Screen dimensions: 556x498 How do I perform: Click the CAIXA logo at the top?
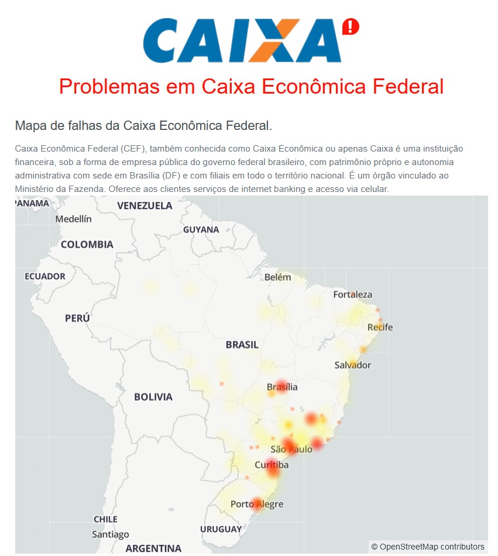(242, 40)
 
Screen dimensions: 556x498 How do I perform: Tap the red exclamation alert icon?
(350, 26)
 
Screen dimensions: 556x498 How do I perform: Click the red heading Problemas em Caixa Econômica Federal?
(251, 87)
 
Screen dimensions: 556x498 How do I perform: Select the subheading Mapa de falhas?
(143, 125)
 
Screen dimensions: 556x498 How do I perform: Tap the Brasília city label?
(282, 387)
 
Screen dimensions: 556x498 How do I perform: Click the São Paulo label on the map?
(291, 449)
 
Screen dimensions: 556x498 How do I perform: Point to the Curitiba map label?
(272, 465)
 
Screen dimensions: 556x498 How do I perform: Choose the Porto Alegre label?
(257, 504)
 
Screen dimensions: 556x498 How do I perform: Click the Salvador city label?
(352, 365)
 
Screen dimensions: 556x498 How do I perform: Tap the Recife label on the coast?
(380, 327)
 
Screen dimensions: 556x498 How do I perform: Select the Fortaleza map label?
(352, 294)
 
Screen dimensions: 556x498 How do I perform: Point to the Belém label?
(277, 277)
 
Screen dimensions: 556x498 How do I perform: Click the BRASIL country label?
(242, 345)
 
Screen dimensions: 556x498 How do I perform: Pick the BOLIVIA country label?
(153, 397)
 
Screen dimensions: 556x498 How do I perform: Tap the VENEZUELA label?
(145, 205)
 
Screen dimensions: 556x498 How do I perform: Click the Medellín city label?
(74, 219)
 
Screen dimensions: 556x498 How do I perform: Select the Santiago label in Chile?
(111, 534)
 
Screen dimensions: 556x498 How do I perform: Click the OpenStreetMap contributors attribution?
(428, 547)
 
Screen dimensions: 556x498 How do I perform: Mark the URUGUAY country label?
(221, 529)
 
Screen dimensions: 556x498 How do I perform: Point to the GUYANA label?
(201, 229)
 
